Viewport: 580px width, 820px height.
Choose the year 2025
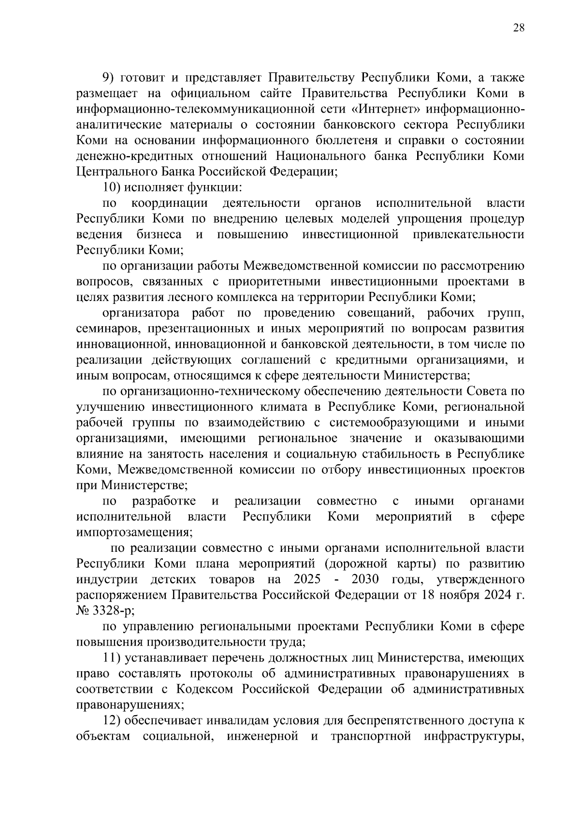[306, 579]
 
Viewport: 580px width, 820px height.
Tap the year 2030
[365, 579]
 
